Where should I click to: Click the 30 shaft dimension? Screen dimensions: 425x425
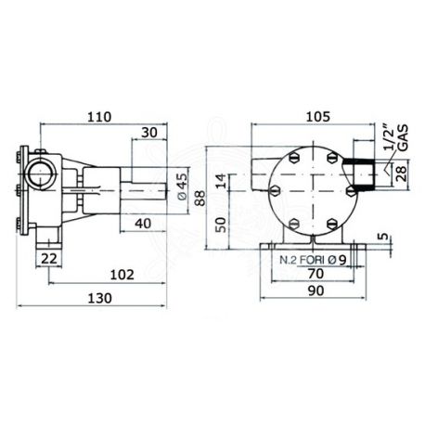(150, 133)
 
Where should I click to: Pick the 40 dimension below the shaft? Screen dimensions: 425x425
(144, 224)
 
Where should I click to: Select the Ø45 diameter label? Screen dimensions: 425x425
(183, 178)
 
